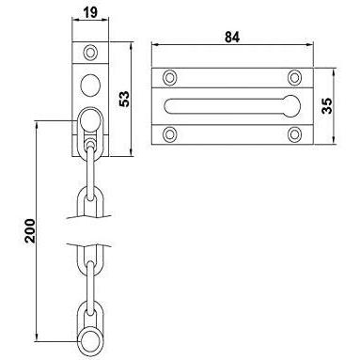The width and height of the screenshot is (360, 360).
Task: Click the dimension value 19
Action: pyautogui.click(x=90, y=12)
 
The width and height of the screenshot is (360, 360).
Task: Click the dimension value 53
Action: pyautogui.click(x=124, y=99)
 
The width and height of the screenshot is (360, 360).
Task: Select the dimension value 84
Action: pyautogui.click(x=232, y=37)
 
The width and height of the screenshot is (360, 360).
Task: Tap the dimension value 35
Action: pyautogui.click(x=327, y=106)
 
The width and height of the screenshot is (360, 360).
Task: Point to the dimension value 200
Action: pyautogui.click(x=30, y=231)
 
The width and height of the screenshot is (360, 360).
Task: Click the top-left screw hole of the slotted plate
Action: pyautogui.click(x=169, y=77)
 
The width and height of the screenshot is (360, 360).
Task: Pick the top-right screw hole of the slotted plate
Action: pyautogui.click(x=294, y=77)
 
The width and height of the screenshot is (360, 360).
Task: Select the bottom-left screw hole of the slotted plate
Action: pyautogui.click(x=169, y=134)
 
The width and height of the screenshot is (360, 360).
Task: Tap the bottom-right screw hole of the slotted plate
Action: pyautogui.click(x=294, y=134)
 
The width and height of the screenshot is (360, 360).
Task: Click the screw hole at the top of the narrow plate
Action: pyautogui.click(x=90, y=53)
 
